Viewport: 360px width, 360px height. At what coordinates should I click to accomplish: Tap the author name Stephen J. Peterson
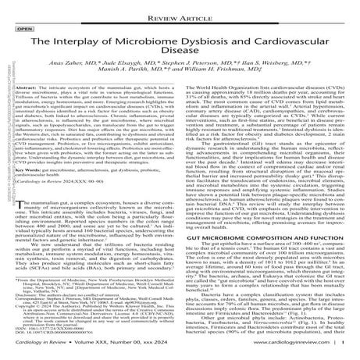pos(207,70)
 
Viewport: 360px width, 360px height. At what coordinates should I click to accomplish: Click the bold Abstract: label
pos(36,101)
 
